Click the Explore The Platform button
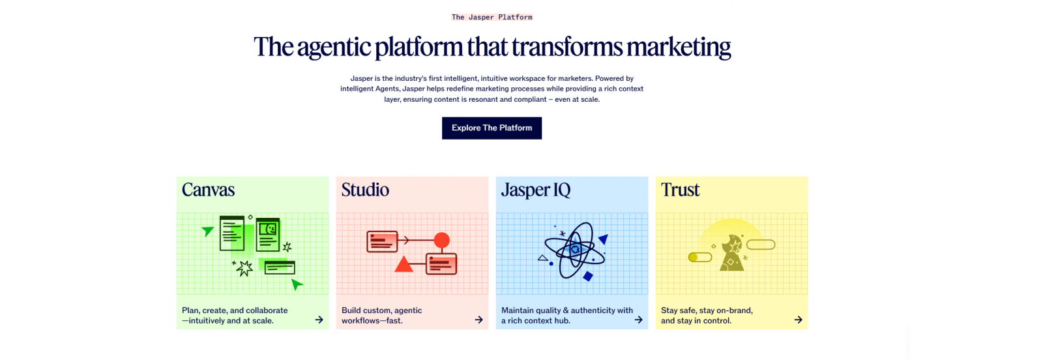click(x=492, y=128)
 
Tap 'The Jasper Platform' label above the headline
click(x=492, y=17)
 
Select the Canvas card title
click(x=208, y=190)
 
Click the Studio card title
click(x=365, y=190)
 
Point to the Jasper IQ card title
click(x=535, y=190)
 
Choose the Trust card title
click(x=680, y=190)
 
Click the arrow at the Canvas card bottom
click(x=319, y=320)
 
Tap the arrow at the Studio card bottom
click(x=478, y=320)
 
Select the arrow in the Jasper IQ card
click(x=638, y=320)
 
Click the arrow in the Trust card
click(x=798, y=320)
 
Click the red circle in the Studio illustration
click(x=442, y=240)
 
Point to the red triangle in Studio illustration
click(x=404, y=265)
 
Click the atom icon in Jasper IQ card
click(x=574, y=250)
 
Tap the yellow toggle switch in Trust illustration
click(x=700, y=257)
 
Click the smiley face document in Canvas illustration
click(x=268, y=234)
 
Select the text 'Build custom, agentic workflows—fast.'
click(x=381, y=315)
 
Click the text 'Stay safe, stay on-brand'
click(x=707, y=310)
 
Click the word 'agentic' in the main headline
click(x=333, y=48)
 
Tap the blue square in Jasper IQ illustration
click(x=588, y=276)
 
